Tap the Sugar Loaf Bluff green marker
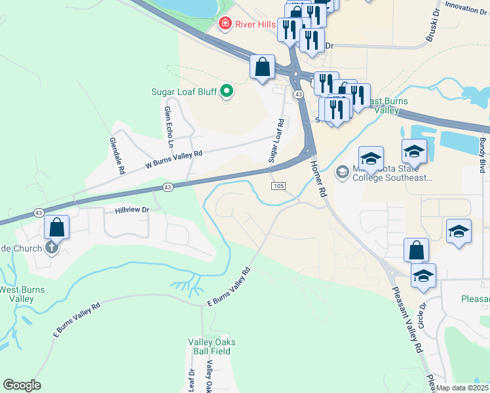point(227,91)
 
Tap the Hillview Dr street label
point(132,210)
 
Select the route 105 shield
point(278,187)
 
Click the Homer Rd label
point(318,179)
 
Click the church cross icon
point(52,248)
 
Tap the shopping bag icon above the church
point(57,228)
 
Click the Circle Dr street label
point(422,315)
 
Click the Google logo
point(22,385)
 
